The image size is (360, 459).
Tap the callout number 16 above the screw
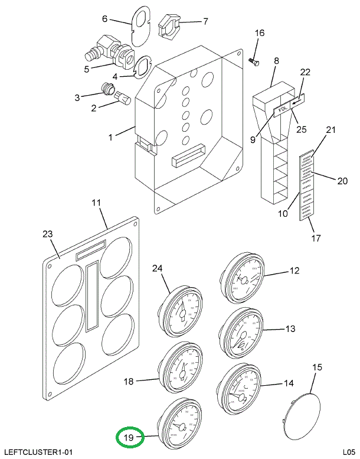260,33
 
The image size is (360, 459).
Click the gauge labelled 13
240,334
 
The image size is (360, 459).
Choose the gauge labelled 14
240,387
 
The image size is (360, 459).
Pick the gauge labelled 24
180,308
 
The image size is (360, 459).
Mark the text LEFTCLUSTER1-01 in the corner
37,452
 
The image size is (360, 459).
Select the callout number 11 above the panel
96,204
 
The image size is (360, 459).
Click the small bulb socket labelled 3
107,90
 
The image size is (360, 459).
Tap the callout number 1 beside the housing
110,137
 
